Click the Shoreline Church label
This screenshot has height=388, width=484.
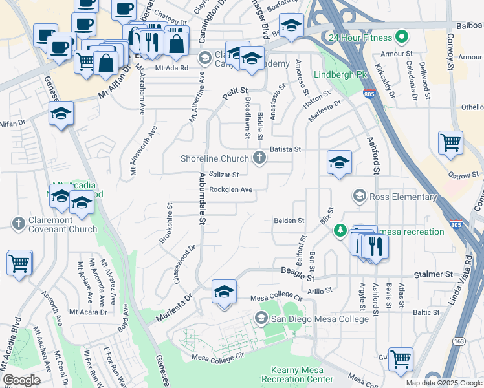point(214,158)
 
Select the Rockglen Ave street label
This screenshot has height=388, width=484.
point(230,189)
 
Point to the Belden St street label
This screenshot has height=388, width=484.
point(289,221)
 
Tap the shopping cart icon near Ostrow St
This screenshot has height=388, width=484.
point(450,142)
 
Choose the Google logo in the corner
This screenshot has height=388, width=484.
point(21,380)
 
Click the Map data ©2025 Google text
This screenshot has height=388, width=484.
point(444,383)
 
